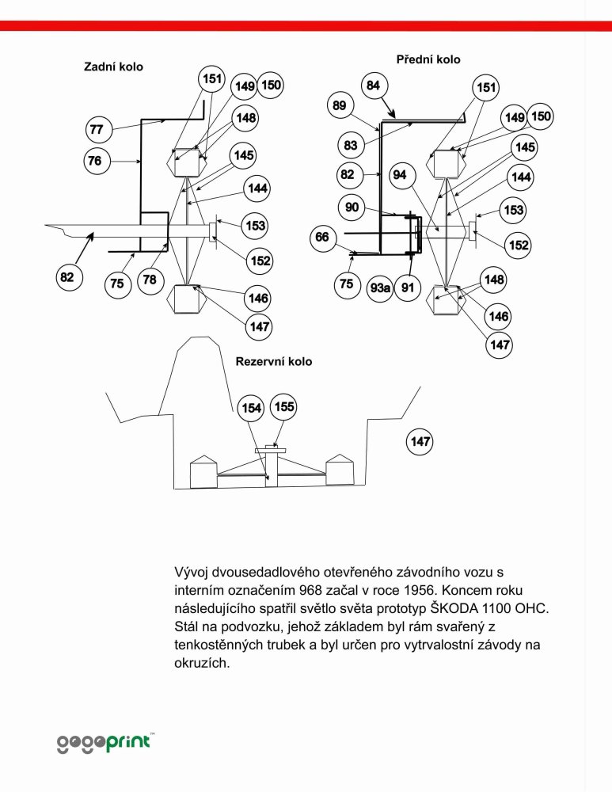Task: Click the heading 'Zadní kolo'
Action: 113,67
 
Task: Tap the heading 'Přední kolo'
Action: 428,59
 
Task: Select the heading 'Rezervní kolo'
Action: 274,362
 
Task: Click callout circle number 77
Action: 97,129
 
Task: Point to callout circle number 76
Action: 96,161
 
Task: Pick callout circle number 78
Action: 150,280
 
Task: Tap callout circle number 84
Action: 374,86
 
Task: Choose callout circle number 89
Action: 340,105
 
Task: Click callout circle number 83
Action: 351,146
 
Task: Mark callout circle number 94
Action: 400,175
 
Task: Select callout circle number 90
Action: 352,207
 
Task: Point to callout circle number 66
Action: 322,237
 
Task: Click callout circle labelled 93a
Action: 380,288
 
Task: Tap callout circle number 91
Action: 408,287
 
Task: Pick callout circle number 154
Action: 251,408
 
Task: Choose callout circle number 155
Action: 283,406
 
